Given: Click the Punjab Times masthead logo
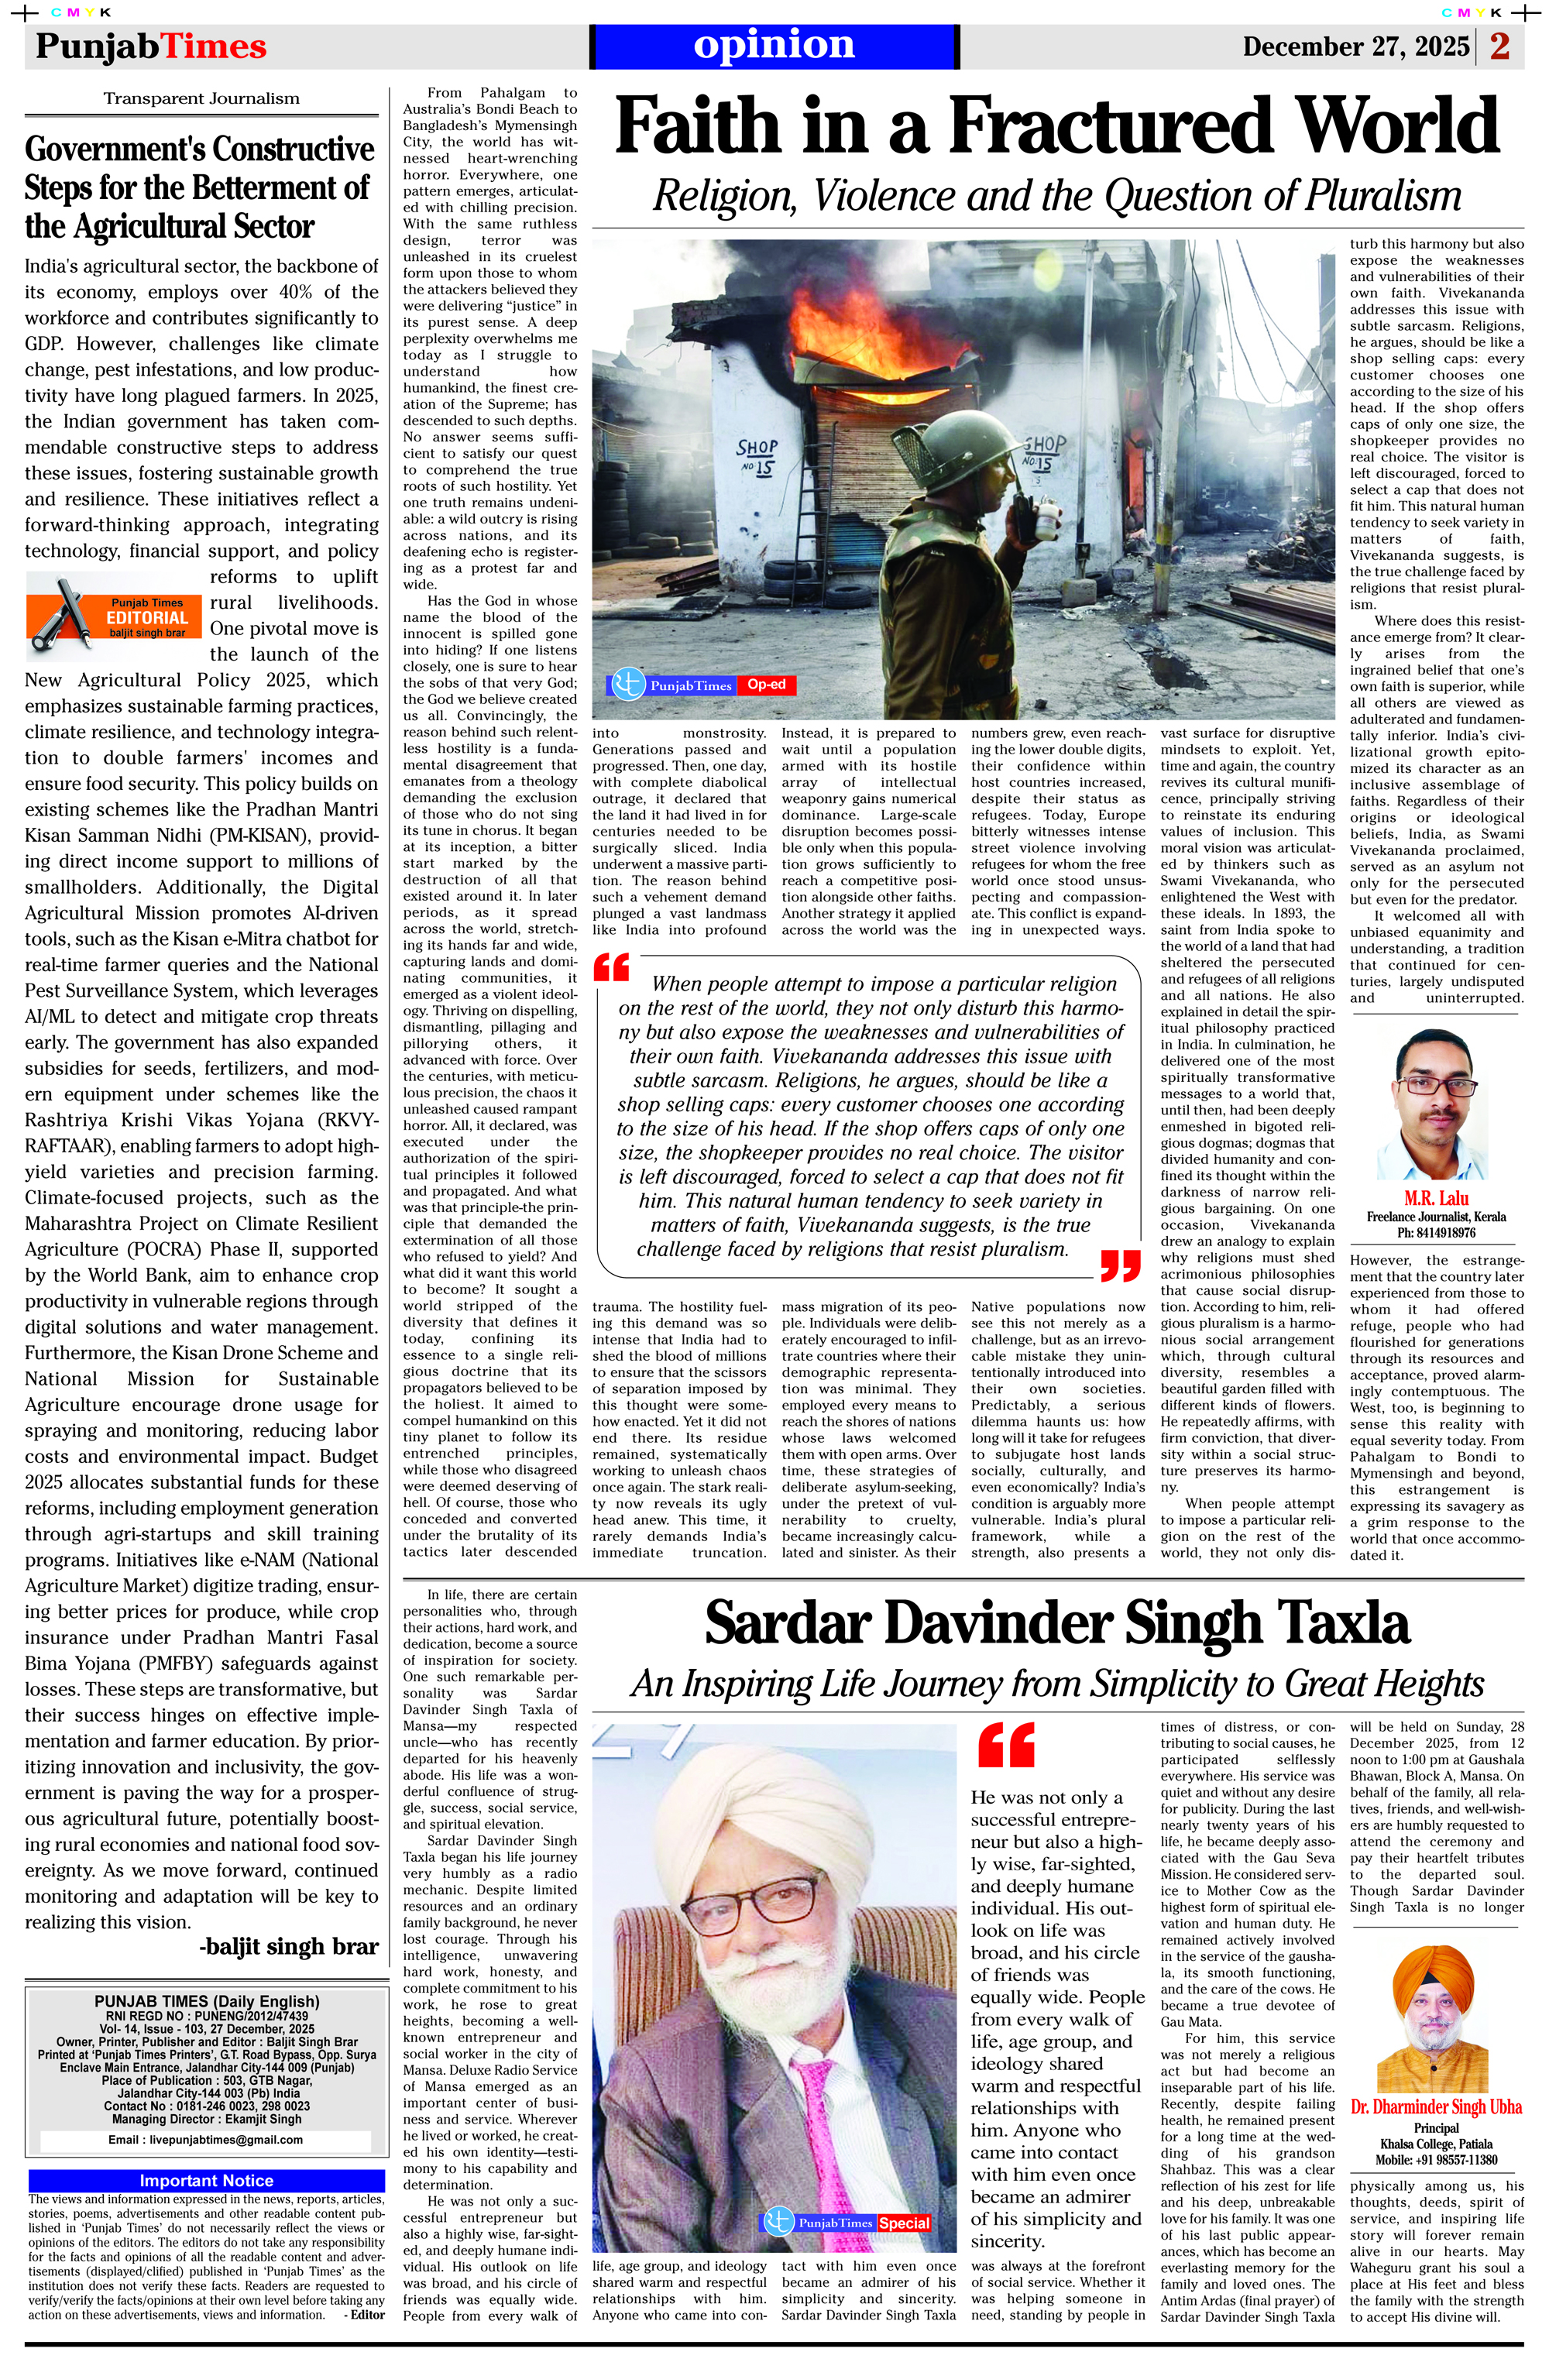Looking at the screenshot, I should pyautogui.click(x=151, y=46).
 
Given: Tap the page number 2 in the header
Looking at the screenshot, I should pyautogui.click(x=1499, y=46).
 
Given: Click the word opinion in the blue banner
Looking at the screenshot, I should pyautogui.click(x=774, y=45).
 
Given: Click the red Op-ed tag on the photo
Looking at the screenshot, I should pyautogui.click(x=767, y=685).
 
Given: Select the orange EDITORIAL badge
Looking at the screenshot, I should pyautogui.click(x=147, y=617).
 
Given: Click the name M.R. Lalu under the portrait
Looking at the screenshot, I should pyautogui.click(x=1435, y=1198).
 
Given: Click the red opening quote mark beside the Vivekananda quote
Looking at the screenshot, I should pyautogui.click(x=611, y=966).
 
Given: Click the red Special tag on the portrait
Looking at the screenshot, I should pyautogui.click(x=904, y=2223).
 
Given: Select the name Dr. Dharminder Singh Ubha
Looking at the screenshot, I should pyautogui.click(x=1435, y=2106).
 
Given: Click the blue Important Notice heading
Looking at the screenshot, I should pyautogui.click(x=206, y=2181).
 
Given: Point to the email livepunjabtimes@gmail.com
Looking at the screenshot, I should pyautogui.click(x=205, y=2139).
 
